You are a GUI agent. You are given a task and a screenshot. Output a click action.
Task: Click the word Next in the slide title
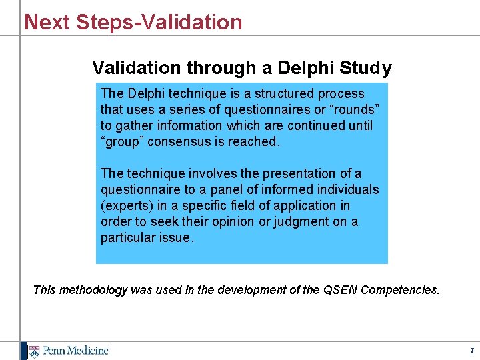(47, 22)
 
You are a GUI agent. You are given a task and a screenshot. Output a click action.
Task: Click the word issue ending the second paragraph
(174, 237)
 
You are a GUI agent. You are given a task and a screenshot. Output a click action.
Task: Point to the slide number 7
(471, 351)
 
